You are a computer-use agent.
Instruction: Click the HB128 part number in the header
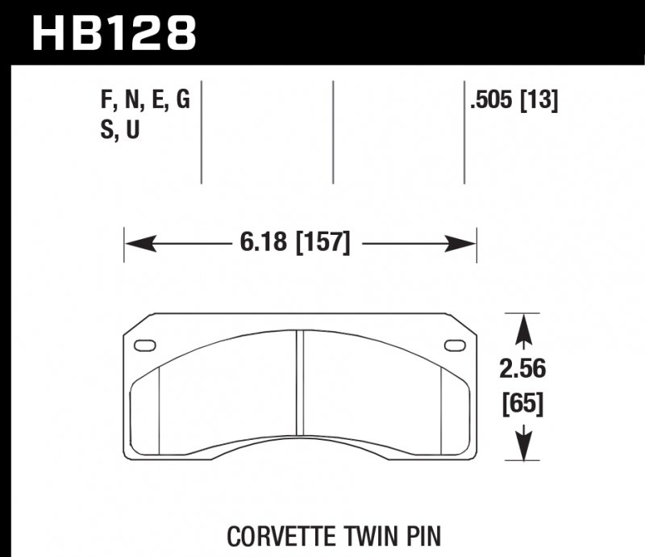point(114,34)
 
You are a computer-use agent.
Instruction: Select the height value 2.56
point(522,370)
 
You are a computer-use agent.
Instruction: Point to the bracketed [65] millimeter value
point(522,403)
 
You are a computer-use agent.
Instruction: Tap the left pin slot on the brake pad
point(147,346)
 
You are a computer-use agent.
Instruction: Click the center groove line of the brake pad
point(299,387)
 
